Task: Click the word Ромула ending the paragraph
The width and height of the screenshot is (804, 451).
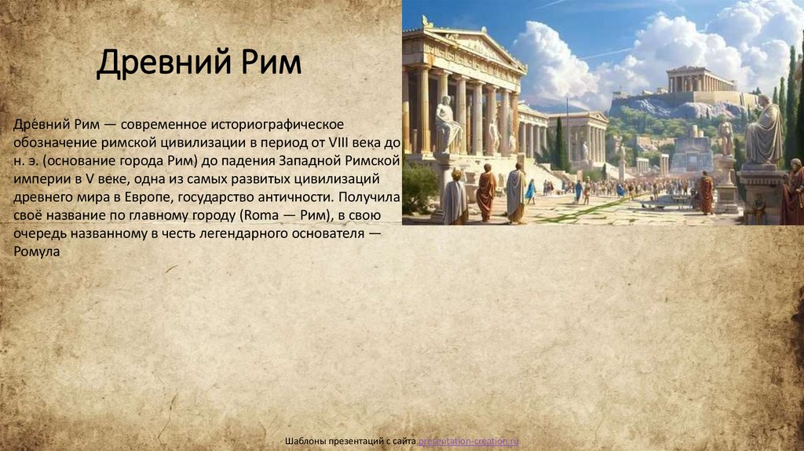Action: click(x=36, y=251)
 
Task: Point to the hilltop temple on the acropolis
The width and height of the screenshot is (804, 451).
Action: click(x=701, y=79)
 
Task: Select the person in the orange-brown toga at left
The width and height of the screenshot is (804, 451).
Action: click(x=487, y=192)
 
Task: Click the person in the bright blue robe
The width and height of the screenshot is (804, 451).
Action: click(x=532, y=191)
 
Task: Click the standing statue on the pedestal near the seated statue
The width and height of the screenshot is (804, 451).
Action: click(x=726, y=137)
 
